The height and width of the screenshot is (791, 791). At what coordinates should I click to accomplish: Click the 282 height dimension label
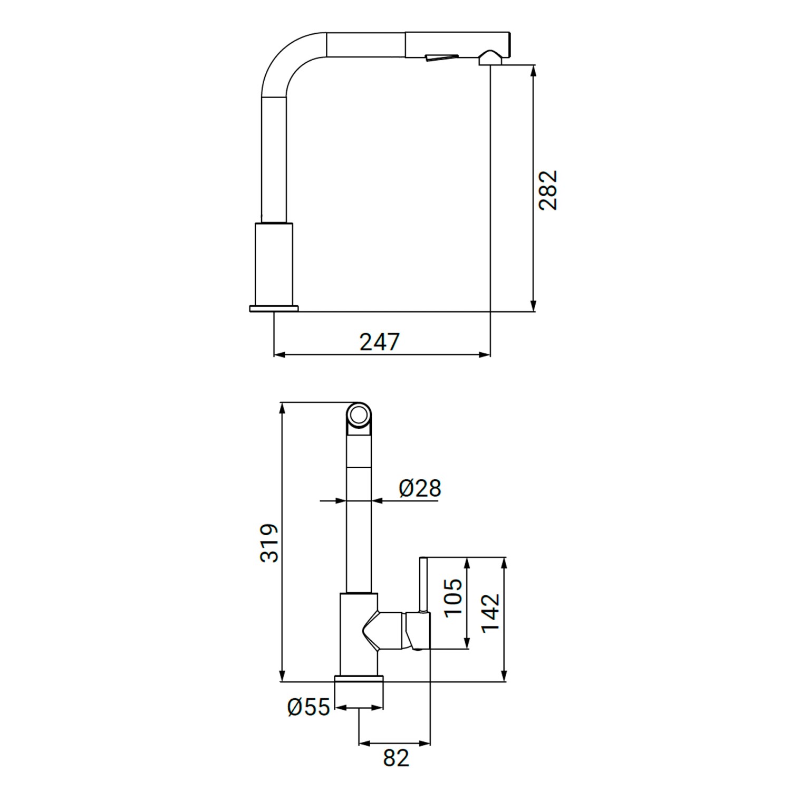tap(548, 190)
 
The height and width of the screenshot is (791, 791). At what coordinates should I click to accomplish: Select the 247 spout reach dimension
tap(380, 342)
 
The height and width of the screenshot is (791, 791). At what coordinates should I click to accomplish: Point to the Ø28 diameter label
tap(420, 488)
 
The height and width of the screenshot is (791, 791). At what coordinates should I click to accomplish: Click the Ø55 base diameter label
tap(308, 707)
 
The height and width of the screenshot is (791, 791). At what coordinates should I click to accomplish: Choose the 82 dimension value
tap(395, 758)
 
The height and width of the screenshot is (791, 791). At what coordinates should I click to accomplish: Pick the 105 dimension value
tap(453, 597)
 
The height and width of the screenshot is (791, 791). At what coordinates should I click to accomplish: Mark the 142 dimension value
tap(490, 612)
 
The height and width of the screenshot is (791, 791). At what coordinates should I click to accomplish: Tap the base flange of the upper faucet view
tap(274, 308)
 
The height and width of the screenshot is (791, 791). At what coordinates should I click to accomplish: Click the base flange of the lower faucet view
tap(359, 680)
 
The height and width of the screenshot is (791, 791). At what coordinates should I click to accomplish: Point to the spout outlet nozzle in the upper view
tap(490, 58)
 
